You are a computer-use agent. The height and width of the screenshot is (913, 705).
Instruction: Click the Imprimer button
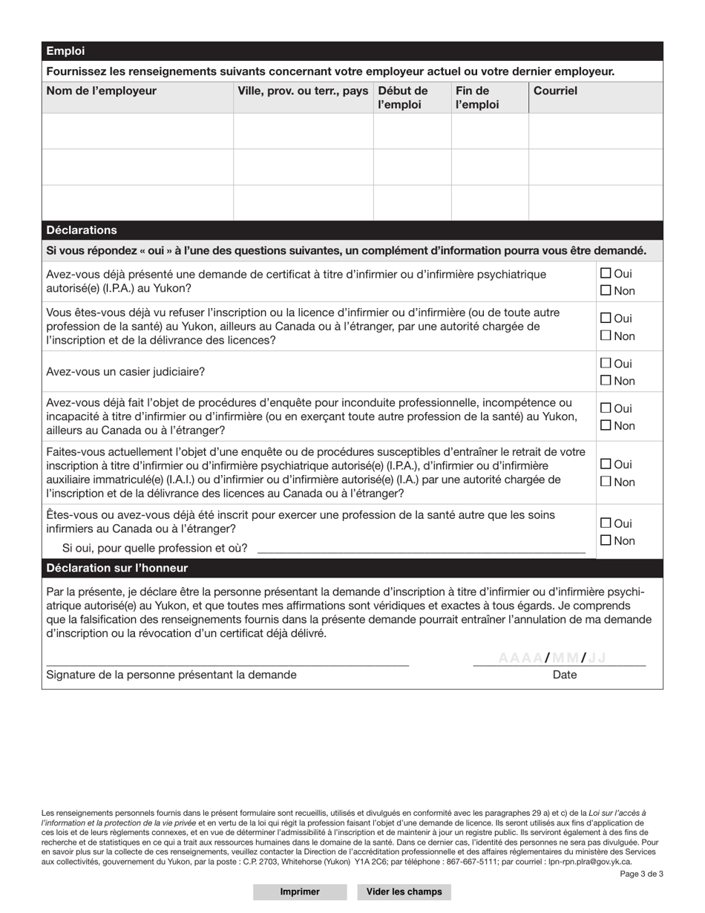[300, 891]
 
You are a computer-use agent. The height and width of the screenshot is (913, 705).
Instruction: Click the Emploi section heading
[65, 51]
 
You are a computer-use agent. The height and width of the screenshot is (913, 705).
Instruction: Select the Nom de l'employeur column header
[102, 91]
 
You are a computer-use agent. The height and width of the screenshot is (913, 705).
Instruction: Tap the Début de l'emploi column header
[403, 97]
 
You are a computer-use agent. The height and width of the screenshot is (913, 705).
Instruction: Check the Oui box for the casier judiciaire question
[606, 364]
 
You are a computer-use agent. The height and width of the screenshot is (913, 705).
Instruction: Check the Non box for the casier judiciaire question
[606, 381]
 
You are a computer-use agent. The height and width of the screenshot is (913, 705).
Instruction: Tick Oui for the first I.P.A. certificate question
[606, 273]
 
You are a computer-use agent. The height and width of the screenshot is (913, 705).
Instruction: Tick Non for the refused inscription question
[606, 336]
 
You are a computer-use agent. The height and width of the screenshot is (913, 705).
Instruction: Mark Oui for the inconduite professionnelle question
[606, 408]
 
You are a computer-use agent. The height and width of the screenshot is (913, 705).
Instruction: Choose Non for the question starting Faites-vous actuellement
[606, 482]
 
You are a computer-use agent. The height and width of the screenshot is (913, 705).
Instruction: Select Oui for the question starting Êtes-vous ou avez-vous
[606, 523]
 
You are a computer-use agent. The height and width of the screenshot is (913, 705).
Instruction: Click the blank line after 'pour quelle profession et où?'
[420, 548]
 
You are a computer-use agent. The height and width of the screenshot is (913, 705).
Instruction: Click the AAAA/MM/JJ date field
[553, 658]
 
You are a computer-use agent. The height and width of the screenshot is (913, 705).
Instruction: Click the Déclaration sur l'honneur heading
[117, 568]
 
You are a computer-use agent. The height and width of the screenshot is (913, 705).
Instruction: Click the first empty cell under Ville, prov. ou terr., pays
[303, 131]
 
